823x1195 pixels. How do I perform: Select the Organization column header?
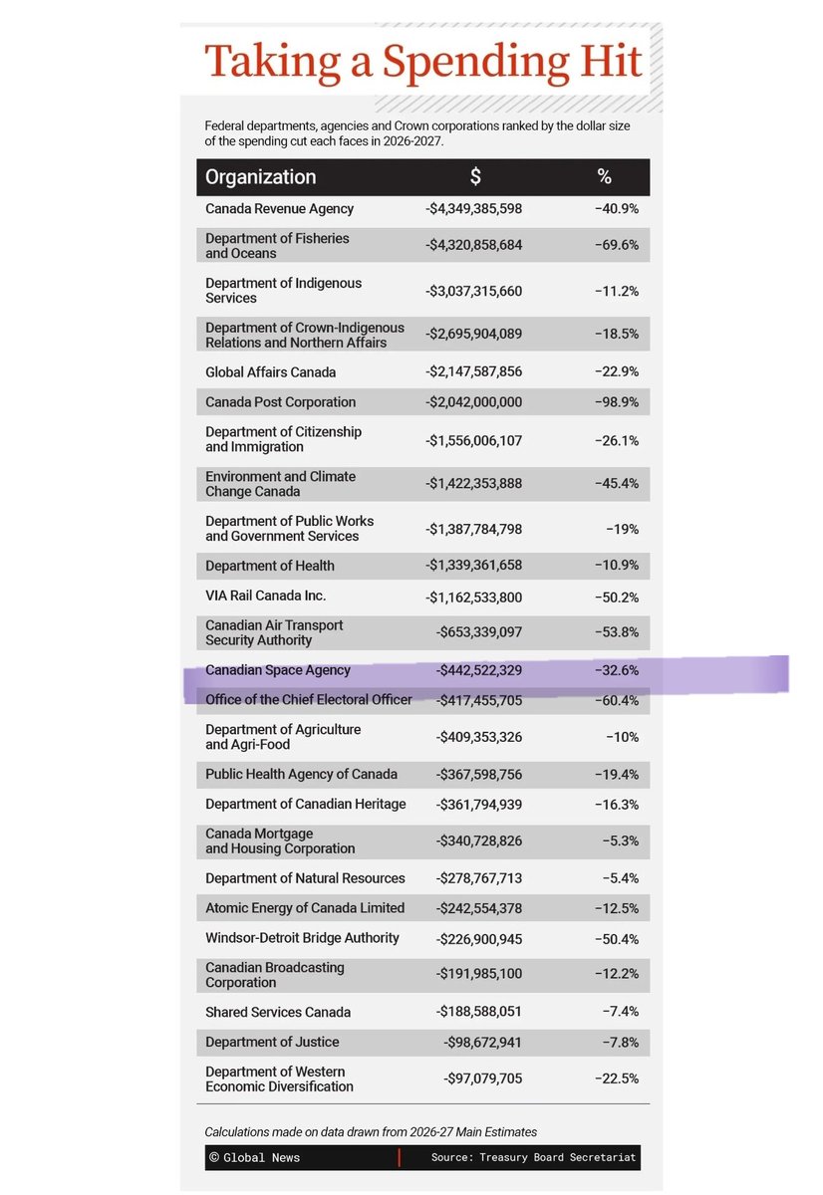pyautogui.click(x=260, y=177)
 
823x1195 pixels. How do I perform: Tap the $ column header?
pyautogui.click(x=475, y=177)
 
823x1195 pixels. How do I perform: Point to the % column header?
pyautogui.click(x=604, y=177)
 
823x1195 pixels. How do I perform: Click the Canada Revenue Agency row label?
pyautogui.click(x=279, y=209)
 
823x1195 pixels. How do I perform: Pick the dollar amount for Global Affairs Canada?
pyautogui.click(x=473, y=372)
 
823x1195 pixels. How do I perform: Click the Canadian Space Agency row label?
pyautogui.click(x=278, y=670)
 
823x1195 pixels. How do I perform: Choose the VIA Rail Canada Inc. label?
pyautogui.click(x=265, y=596)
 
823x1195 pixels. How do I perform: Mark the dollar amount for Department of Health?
pyautogui.click(x=473, y=566)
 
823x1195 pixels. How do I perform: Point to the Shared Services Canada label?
pyautogui.click(x=277, y=1012)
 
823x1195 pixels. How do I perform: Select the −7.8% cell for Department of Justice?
pyautogui.click(x=620, y=1043)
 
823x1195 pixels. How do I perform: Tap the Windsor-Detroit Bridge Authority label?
pyautogui.click(x=302, y=938)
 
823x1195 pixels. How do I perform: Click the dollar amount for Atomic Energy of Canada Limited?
pyautogui.click(x=478, y=908)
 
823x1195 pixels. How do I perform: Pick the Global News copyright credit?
pyautogui.click(x=254, y=1157)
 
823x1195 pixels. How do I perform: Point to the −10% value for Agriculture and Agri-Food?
pyautogui.click(x=623, y=738)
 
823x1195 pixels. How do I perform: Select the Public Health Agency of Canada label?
pyautogui.click(x=301, y=775)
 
